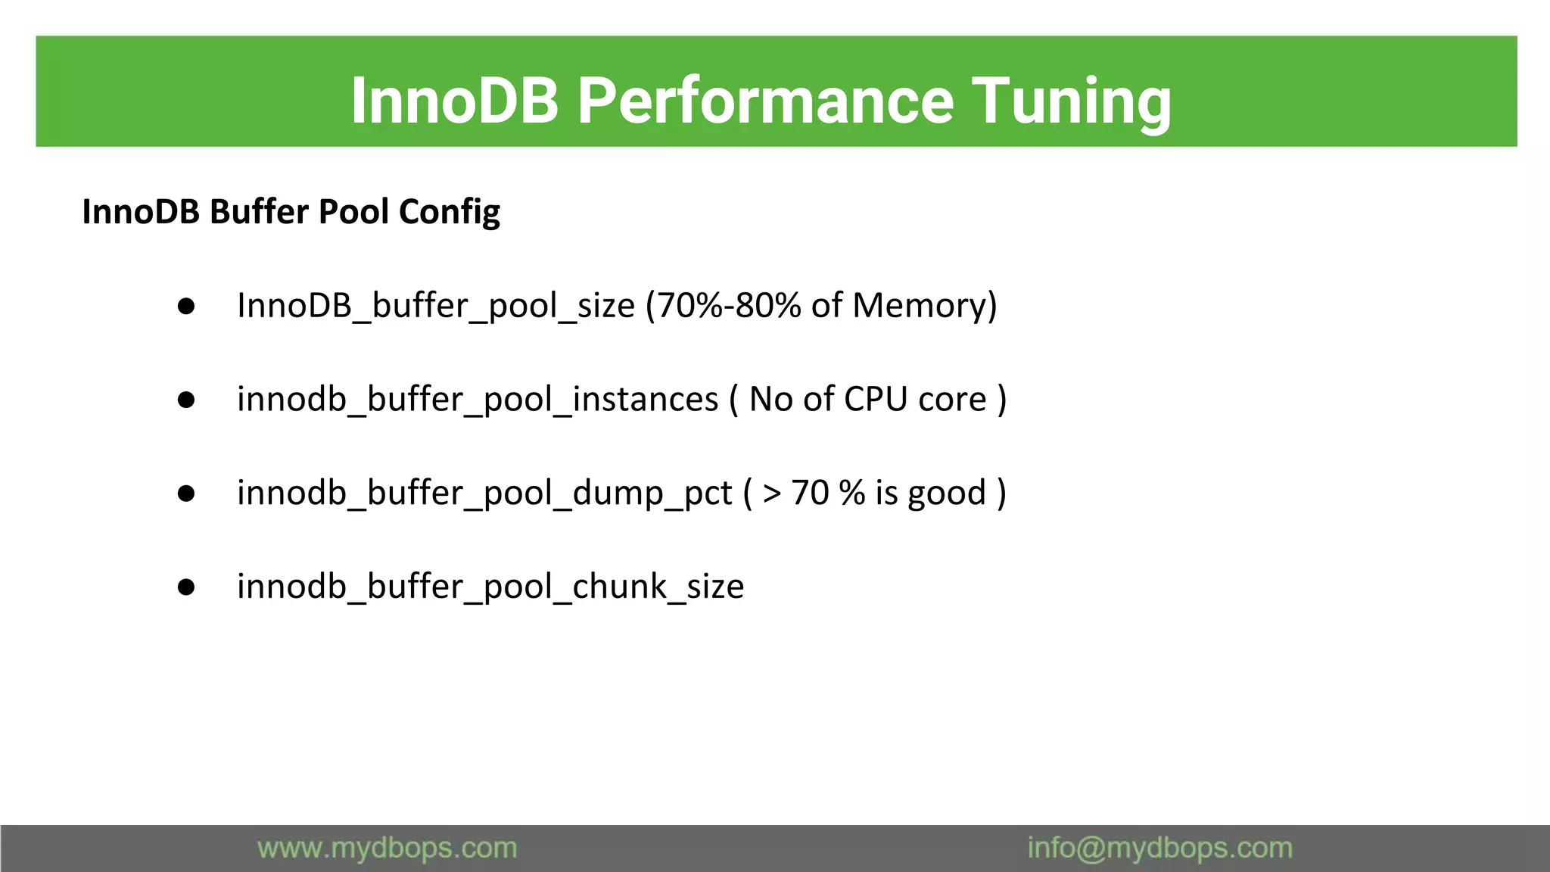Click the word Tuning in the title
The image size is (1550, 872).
tap(1071, 101)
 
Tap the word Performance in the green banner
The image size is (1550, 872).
tap(765, 101)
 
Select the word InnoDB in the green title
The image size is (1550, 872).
tap(455, 101)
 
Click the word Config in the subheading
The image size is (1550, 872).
tap(450, 212)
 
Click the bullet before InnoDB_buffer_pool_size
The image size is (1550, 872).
tap(186, 306)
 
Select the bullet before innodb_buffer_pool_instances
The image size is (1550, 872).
tap(186, 400)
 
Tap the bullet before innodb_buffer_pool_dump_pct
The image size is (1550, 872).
tap(186, 494)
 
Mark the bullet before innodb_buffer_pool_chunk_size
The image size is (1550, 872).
tap(186, 587)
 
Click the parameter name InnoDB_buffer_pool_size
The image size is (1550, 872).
tap(436, 306)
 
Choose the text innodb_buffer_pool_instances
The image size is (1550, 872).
tap(478, 400)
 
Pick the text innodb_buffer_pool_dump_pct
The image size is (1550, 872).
tap(484, 494)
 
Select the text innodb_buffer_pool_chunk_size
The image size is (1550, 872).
tap(490, 587)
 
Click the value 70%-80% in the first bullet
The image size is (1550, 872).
tap(729, 306)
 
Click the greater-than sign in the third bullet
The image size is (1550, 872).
tap(772, 494)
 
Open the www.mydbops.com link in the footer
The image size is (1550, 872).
tap(387, 849)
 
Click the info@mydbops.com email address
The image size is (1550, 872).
tap(1159, 849)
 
